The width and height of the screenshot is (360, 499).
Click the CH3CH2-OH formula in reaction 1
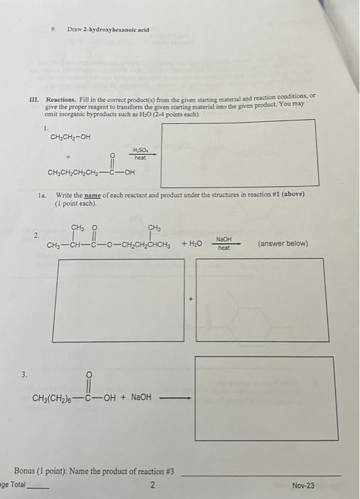pyautogui.click(x=71, y=138)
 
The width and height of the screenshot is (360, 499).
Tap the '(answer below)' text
pyautogui.click(x=283, y=244)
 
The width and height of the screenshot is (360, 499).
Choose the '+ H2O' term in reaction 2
pyautogui.click(x=193, y=245)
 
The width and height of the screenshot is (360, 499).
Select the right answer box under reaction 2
pyautogui.click(x=259, y=291)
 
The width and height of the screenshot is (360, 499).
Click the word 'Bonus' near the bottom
pyautogui.click(x=28, y=472)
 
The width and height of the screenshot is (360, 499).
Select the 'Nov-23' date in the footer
pyautogui.click(x=302, y=485)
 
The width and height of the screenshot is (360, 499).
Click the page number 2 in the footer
pyautogui.click(x=152, y=485)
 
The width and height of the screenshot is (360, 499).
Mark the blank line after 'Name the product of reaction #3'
pyautogui.click(x=262, y=475)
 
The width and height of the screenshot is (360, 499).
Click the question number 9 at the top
pyautogui.click(x=54, y=30)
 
